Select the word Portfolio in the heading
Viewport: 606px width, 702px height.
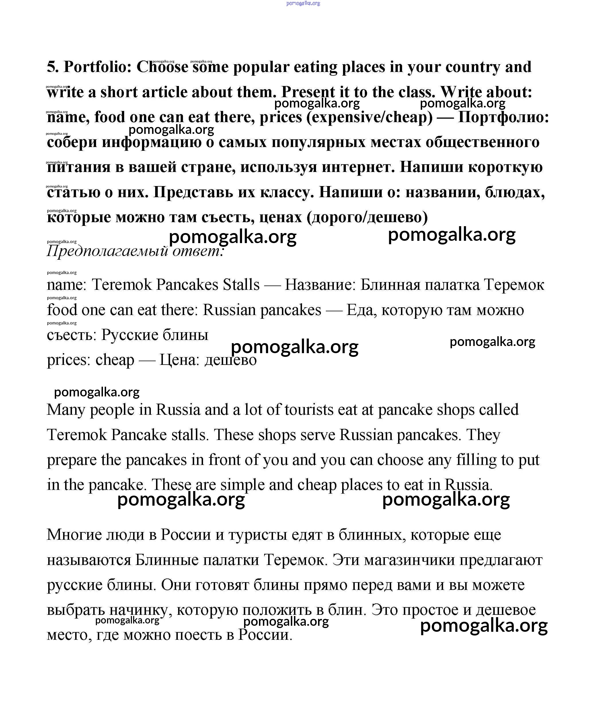coord(97,67)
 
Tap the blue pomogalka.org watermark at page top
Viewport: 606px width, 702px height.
coord(303,3)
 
